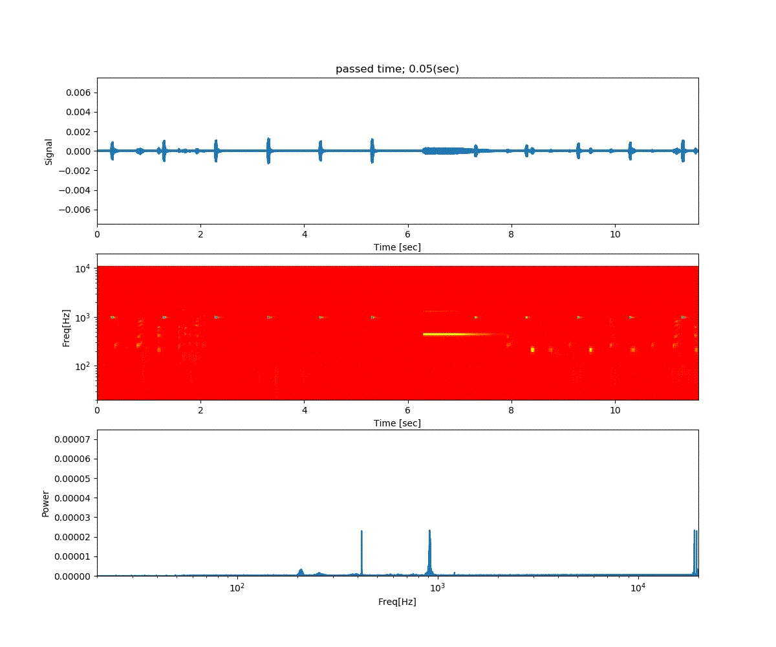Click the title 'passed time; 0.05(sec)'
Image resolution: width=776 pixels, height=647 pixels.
click(397, 69)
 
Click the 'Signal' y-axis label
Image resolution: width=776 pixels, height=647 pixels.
click(48, 151)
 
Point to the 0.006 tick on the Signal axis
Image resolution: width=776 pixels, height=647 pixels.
click(80, 93)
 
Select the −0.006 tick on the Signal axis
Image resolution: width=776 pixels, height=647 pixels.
click(77, 210)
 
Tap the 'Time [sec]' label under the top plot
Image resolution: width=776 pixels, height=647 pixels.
click(397, 247)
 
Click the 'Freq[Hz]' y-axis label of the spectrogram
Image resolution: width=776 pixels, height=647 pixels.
click(66, 327)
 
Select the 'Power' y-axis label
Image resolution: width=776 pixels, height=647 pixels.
click(46, 503)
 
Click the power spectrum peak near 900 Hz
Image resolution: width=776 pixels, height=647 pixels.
click(429, 532)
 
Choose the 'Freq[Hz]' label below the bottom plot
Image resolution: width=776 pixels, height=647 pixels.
click(397, 602)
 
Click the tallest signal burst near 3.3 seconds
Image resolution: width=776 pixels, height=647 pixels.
click(268, 151)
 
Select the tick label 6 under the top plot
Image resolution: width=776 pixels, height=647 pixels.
click(408, 235)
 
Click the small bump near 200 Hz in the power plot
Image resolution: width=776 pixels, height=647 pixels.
click(301, 571)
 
